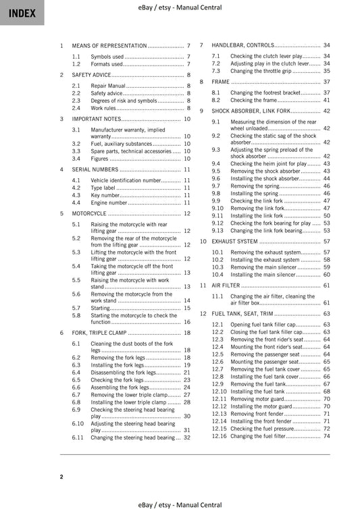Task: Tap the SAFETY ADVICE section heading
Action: (x=92, y=75)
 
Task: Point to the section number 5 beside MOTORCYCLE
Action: (x=62, y=213)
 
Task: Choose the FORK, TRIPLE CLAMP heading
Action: (x=99, y=333)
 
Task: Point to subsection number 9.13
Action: (x=217, y=230)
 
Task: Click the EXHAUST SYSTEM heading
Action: (x=234, y=241)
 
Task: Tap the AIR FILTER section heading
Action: (x=225, y=286)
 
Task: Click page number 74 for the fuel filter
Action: (x=327, y=436)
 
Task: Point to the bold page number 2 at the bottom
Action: (x=61, y=477)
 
